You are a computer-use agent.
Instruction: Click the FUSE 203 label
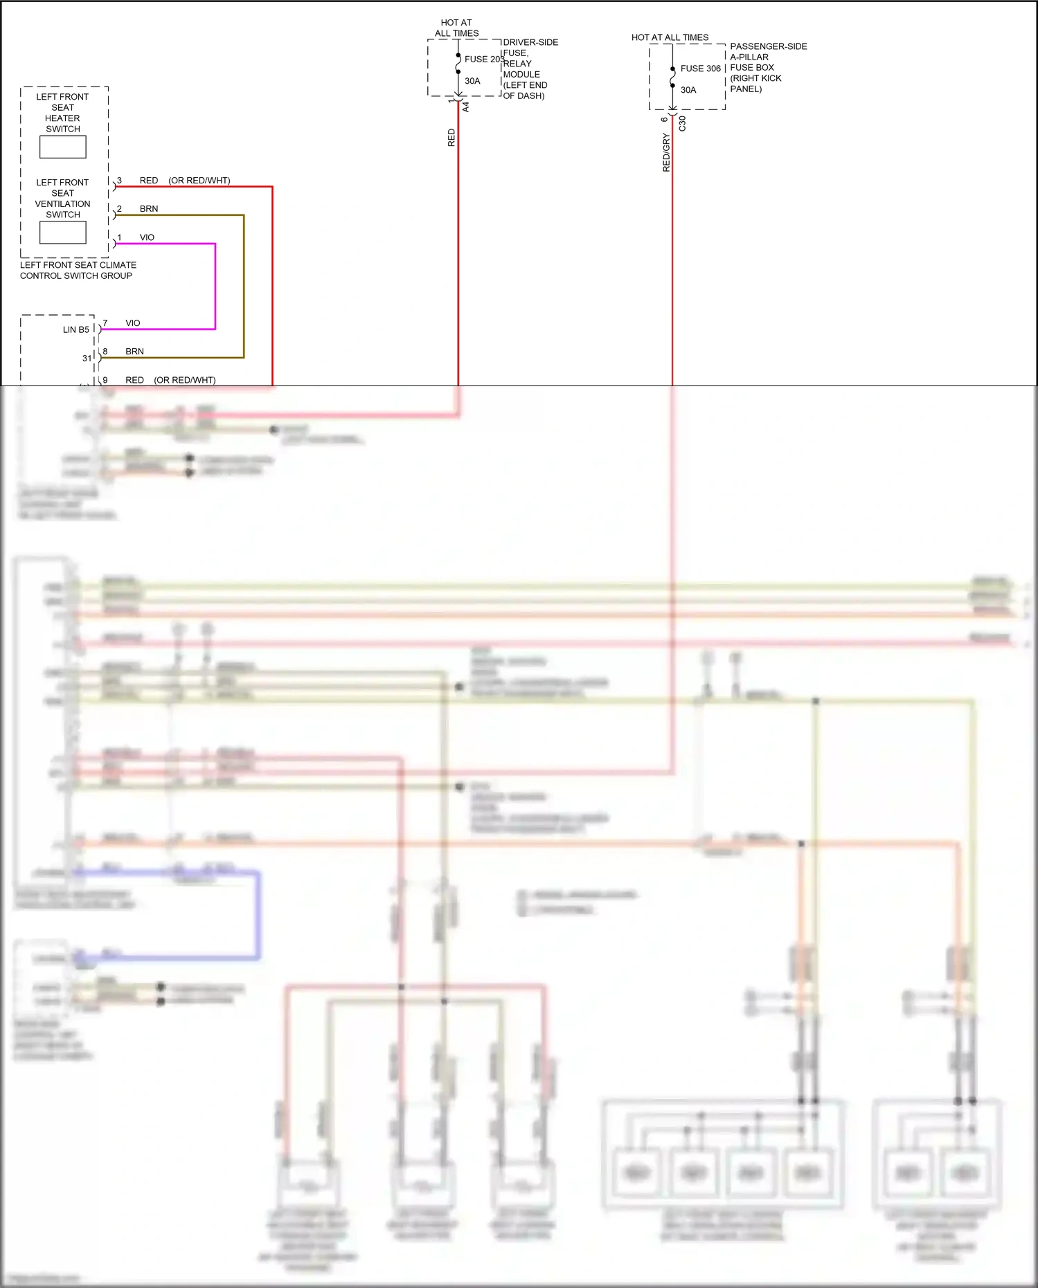[x=483, y=60]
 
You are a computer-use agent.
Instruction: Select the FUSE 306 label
[x=700, y=69]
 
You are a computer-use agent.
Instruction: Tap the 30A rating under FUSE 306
[x=688, y=90]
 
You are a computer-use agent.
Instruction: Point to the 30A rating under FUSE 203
[x=472, y=81]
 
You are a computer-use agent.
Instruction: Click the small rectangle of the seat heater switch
[x=63, y=147]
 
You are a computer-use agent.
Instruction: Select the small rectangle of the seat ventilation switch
[x=63, y=233]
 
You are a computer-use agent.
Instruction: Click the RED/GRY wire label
[x=666, y=153]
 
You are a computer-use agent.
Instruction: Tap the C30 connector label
[x=682, y=124]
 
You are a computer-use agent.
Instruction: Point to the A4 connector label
[x=466, y=107]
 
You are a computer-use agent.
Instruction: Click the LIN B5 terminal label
[x=76, y=329]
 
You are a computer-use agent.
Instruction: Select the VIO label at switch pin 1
[x=147, y=237]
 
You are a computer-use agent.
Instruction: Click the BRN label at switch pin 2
[x=149, y=209]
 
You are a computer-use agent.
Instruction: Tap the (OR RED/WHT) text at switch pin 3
[x=199, y=181]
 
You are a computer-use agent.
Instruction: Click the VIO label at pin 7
[x=133, y=323]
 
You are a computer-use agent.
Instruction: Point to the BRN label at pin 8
[x=134, y=352]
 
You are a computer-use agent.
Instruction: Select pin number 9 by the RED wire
[x=105, y=380]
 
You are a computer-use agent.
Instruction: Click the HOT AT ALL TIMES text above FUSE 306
[x=670, y=37]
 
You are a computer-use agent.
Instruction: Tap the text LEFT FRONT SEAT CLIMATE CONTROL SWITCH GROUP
[x=78, y=271]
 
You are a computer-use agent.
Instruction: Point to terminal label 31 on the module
[x=87, y=359]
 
